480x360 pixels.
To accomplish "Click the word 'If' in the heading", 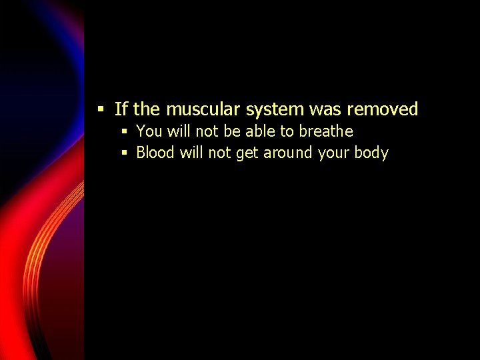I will [x=121, y=109].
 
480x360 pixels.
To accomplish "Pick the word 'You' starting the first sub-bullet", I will [x=148, y=131].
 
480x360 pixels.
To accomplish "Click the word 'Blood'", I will [x=155, y=153].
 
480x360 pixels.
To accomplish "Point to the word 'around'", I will [x=288, y=153].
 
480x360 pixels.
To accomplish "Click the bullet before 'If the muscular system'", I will [x=101, y=109].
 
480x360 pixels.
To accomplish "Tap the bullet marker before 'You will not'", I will [x=124, y=131].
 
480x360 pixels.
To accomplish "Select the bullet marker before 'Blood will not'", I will [x=124, y=153].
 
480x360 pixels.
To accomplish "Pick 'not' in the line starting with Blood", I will [x=219, y=153].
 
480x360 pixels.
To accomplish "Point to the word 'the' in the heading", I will [x=147, y=109].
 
